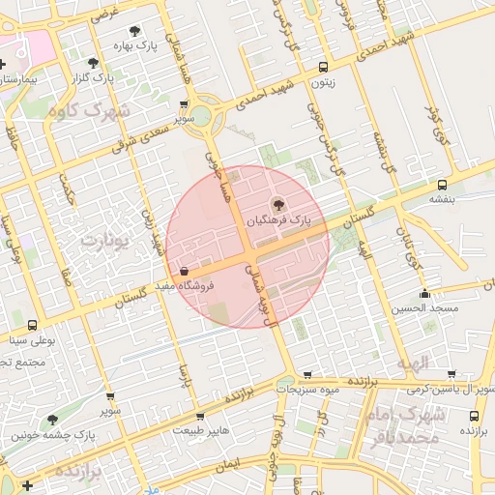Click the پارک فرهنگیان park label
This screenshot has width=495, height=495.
280,220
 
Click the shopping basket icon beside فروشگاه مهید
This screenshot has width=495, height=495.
185,272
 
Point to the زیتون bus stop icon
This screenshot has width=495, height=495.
322,68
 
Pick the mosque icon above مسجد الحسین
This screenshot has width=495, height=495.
424,294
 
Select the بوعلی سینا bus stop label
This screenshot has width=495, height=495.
33,340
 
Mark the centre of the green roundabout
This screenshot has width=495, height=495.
207,117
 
